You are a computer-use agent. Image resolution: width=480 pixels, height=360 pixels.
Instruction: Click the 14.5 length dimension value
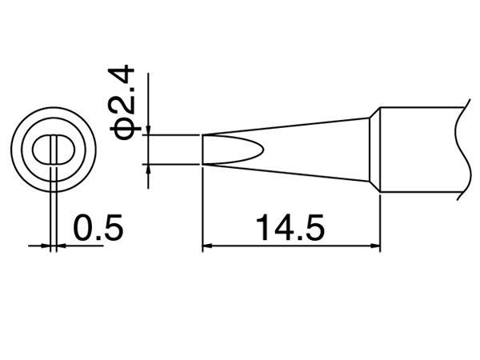coord(289,229)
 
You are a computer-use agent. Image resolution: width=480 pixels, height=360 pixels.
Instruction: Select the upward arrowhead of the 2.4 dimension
coord(149,169)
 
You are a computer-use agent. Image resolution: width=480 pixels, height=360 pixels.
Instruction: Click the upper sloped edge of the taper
coord(288,126)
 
